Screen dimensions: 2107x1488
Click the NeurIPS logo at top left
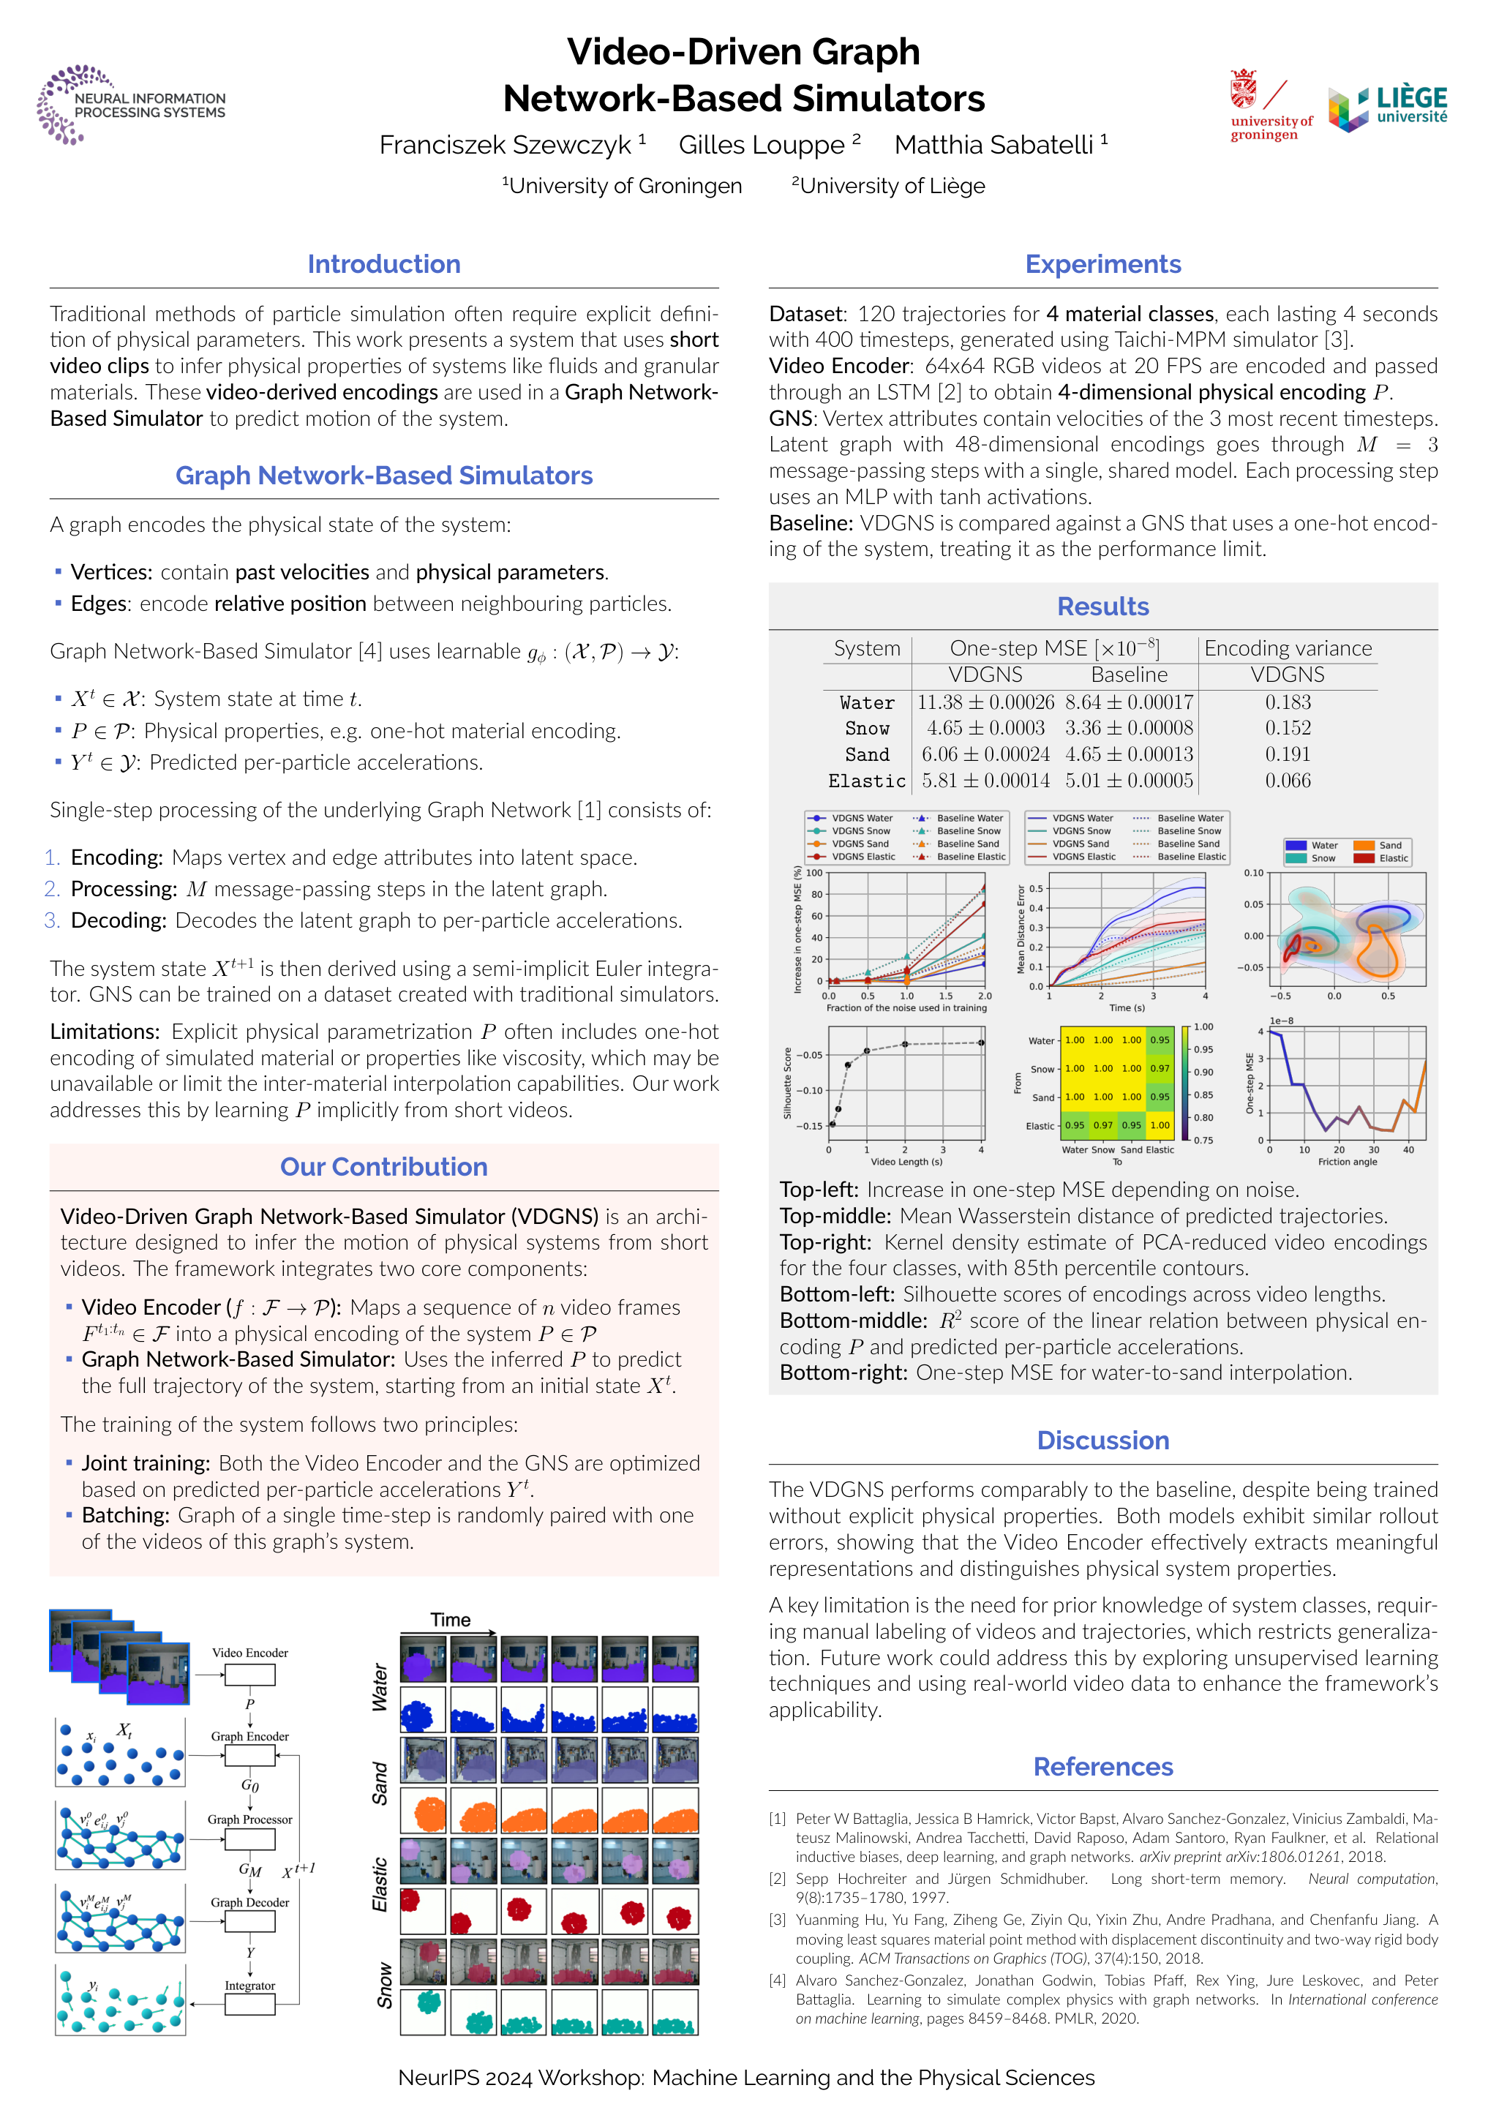[130, 105]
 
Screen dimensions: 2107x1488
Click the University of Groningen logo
[1270, 105]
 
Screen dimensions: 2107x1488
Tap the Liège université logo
[1387, 108]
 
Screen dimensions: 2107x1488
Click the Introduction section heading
[383, 264]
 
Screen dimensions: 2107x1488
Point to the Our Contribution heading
[383, 1168]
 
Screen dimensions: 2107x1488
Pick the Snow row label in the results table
[867, 729]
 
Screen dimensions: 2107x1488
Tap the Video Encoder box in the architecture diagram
[249, 1675]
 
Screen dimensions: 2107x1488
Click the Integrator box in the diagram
[249, 2005]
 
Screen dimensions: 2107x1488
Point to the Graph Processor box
[249, 1839]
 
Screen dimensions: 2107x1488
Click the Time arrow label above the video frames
[451, 1620]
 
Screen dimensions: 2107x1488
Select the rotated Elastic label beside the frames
[380, 1886]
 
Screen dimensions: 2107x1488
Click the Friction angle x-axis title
[1347, 1162]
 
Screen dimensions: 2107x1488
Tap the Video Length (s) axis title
[906, 1162]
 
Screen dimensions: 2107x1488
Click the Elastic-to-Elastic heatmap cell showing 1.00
[1160, 1125]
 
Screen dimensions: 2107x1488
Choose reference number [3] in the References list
[778, 1920]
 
